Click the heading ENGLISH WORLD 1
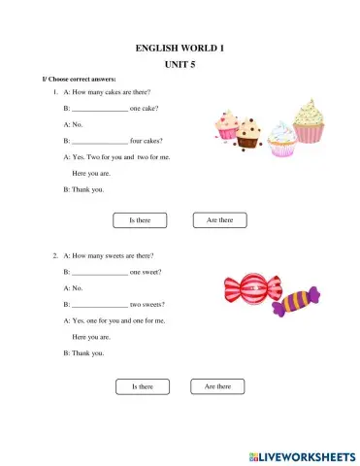(x=180, y=47)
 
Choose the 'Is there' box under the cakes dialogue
(x=141, y=220)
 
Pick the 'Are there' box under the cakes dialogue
(x=219, y=220)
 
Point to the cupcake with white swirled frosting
(x=281, y=139)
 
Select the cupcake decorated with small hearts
(x=228, y=124)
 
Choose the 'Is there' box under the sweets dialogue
(x=143, y=386)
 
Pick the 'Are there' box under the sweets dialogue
(x=218, y=386)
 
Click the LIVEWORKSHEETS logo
(x=302, y=455)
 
